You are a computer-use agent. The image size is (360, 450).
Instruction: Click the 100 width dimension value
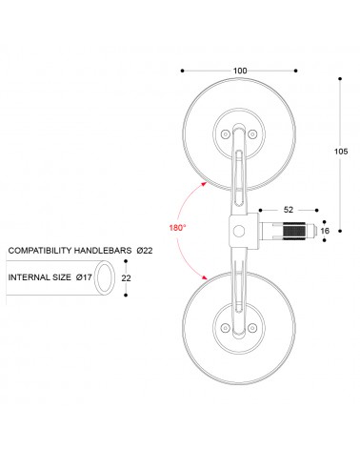click(240, 71)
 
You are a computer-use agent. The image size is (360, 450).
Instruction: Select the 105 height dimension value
click(341, 152)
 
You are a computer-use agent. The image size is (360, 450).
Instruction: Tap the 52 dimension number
click(289, 210)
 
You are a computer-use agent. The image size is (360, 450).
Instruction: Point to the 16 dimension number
click(325, 231)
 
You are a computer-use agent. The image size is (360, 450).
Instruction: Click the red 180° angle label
click(177, 228)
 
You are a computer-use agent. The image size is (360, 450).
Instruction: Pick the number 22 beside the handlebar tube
click(126, 278)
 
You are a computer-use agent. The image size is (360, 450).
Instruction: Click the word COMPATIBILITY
click(40, 251)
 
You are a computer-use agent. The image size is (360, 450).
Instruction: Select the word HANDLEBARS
click(103, 251)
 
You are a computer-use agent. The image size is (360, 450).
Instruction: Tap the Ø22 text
click(145, 251)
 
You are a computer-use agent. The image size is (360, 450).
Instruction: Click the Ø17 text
click(84, 277)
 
